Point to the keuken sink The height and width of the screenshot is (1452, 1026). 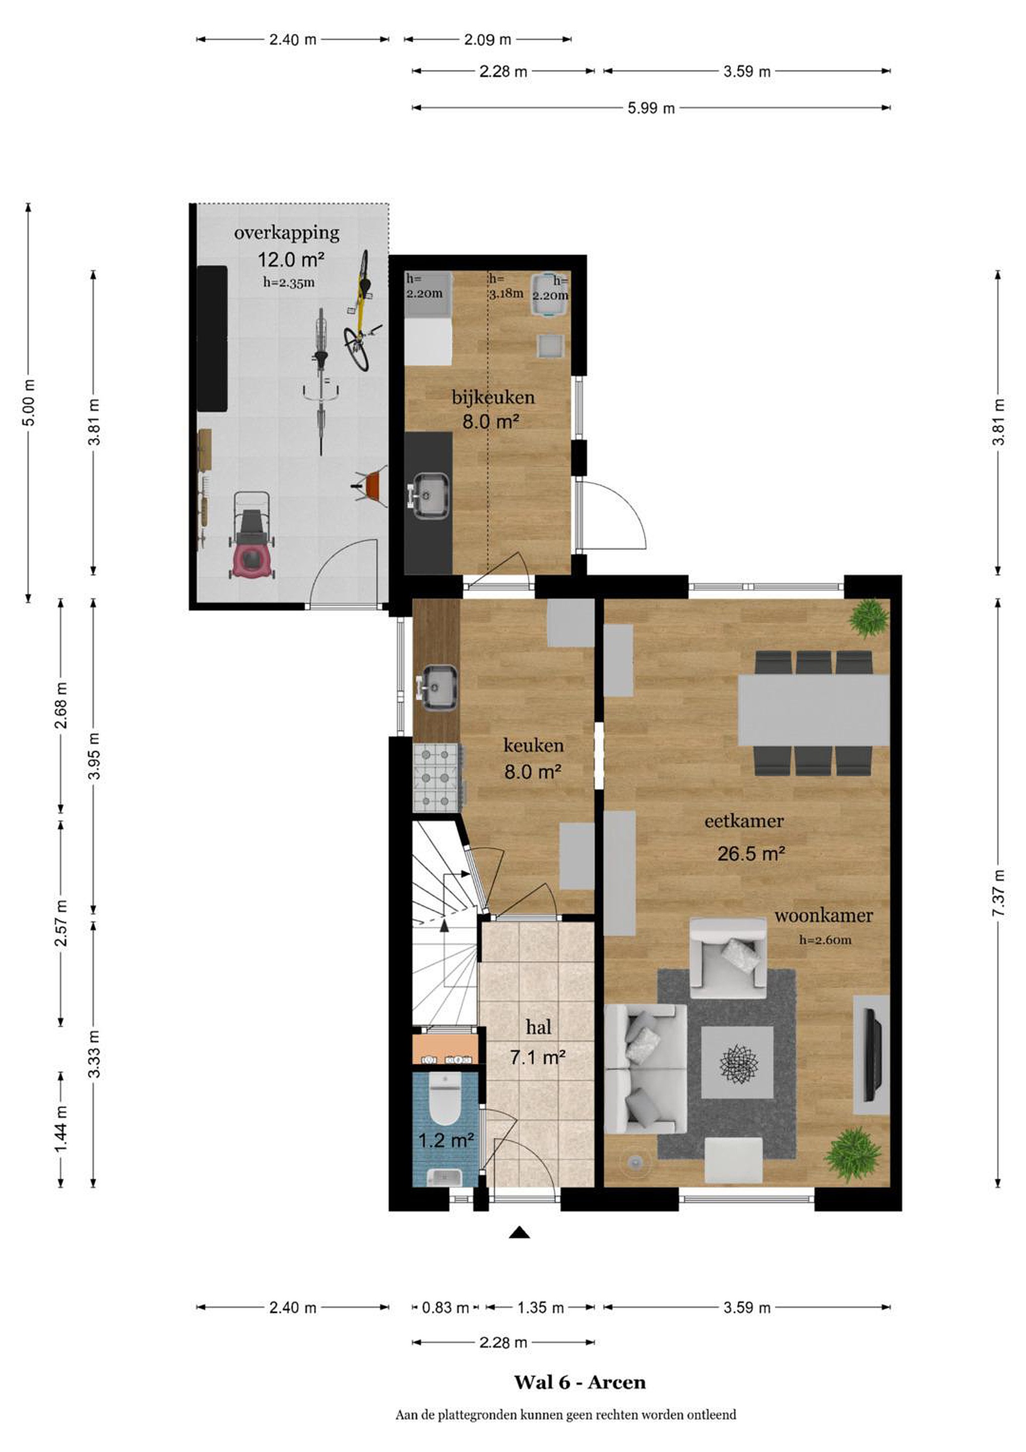(x=437, y=686)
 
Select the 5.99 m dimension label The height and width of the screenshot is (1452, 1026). (x=651, y=108)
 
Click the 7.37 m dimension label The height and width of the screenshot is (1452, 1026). (x=998, y=892)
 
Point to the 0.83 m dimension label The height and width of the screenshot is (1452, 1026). (x=445, y=1307)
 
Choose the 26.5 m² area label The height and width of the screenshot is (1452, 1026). (x=751, y=854)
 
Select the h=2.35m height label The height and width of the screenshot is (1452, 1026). (x=288, y=283)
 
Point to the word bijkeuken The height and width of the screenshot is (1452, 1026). (x=493, y=397)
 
